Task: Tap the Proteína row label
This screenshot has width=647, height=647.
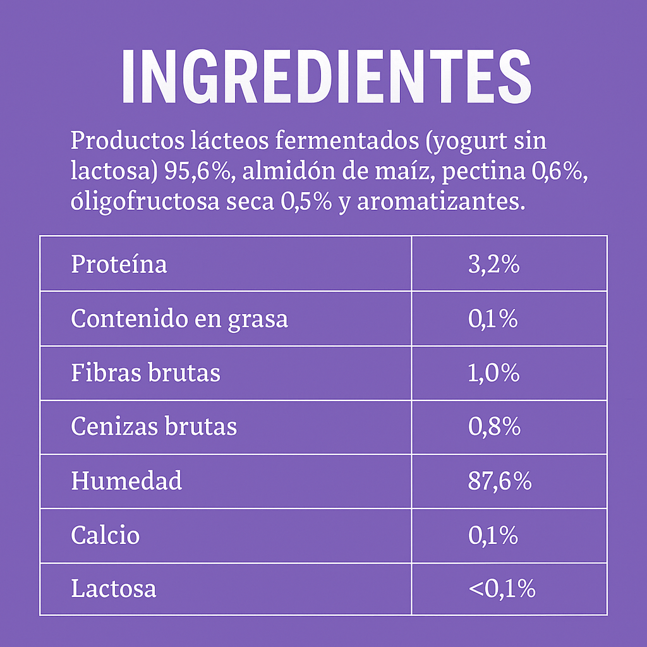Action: point(119,264)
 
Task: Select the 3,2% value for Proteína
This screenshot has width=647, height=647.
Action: point(493,264)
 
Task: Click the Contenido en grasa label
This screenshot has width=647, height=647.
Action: point(179,319)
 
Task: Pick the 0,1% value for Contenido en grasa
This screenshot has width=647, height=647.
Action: point(493,319)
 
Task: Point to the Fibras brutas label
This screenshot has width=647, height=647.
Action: point(145,373)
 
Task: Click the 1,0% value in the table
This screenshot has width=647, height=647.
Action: point(493,373)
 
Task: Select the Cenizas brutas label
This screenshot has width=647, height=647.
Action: point(154,426)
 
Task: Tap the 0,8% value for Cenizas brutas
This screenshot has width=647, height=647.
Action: point(494,427)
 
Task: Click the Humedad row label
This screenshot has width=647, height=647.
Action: point(126,481)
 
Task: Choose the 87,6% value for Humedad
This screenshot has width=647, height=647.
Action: point(500,481)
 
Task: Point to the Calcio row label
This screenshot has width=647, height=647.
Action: point(105,535)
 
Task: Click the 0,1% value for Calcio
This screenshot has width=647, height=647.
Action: point(493,536)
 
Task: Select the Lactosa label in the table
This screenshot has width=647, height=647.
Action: point(113,589)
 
